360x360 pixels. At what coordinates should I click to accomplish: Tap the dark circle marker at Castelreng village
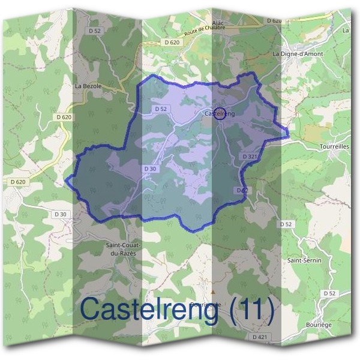click(x=220, y=113)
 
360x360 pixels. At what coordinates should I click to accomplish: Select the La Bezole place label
click(x=88, y=86)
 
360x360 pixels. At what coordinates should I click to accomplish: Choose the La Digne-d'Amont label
click(x=298, y=54)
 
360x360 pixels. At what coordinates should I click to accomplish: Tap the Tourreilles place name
click(x=335, y=146)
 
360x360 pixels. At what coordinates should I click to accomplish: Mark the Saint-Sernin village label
click(x=304, y=260)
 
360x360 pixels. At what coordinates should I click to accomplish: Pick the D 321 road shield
click(x=250, y=156)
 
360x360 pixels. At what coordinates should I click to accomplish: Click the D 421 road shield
click(x=260, y=338)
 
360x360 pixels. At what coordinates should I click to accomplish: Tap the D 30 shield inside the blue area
click(x=150, y=169)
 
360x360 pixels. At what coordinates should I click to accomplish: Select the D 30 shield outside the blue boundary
click(x=61, y=214)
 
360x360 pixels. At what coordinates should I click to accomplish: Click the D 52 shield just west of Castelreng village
click(x=160, y=109)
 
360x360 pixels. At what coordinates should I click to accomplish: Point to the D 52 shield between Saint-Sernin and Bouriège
click(x=328, y=293)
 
